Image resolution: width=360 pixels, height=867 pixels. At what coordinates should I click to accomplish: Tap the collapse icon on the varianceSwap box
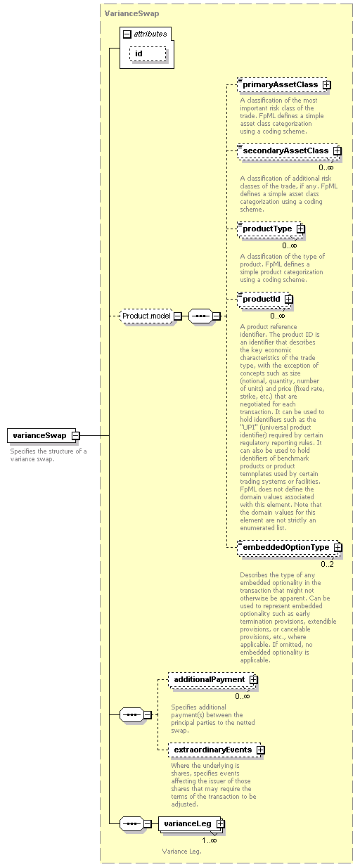point(76,435)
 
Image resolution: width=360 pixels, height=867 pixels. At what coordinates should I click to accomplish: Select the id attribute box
point(148,54)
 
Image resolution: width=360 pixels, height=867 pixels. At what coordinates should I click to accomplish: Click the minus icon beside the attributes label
point(127,34)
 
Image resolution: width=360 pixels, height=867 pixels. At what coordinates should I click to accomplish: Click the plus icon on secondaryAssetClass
point(337,150)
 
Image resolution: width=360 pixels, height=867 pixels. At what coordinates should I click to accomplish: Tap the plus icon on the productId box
point(289,299)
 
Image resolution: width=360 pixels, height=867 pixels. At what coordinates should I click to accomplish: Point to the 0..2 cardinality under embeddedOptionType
point(327,564)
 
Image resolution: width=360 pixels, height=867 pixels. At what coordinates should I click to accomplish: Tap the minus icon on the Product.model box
point(178,316)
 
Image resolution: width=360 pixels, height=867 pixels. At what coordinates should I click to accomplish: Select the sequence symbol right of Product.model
point(200,316)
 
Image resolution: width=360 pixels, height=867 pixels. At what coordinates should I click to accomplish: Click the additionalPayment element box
point(212,680)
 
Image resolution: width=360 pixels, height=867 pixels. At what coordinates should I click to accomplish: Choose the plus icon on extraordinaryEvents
point(261,750)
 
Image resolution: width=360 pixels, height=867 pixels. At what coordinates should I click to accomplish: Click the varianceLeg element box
point(190,823)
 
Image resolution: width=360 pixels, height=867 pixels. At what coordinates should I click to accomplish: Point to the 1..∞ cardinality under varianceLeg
point(210,840)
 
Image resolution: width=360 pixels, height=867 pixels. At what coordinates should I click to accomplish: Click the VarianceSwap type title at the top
point(131,13)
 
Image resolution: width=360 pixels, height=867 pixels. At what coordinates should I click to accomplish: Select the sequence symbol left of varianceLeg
point(131,823)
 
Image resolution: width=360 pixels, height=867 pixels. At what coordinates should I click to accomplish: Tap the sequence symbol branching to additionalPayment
point(131,714)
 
